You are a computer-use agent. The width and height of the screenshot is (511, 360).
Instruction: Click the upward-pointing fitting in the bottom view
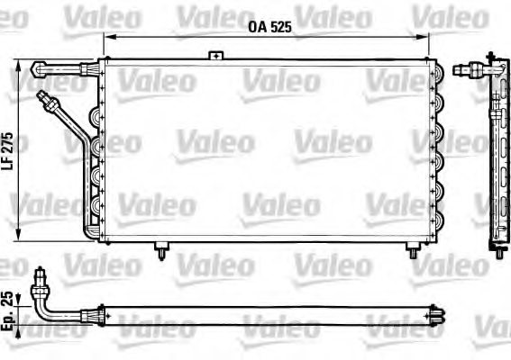pyautogui.click(x=38, y=278)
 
